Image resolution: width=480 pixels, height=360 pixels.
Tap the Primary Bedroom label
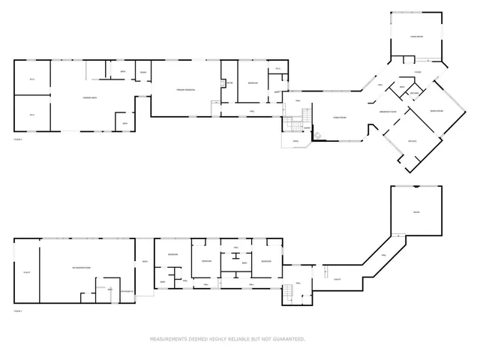tap(185, 90)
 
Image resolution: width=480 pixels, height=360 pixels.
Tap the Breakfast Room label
tap(388, 111)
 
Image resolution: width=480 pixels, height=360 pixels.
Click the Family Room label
tap(339, 117)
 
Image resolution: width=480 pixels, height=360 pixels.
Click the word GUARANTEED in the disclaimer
tap(286, 339)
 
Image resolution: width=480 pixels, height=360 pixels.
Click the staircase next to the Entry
tap(304, 116)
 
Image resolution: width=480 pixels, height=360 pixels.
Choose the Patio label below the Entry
tap(295, 140)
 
